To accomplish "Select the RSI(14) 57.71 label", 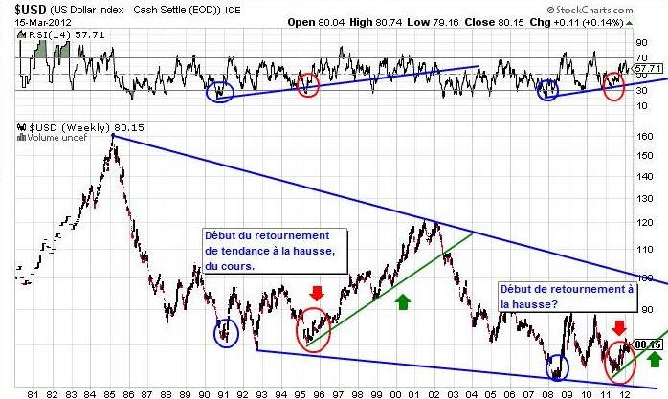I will pos(42,35).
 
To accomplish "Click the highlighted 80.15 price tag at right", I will pos(648,344).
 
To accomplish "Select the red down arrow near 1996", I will pos(318,292).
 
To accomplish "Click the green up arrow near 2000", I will pos(402,300).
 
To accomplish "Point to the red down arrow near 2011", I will pos(618,328).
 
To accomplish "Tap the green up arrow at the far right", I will pos(654,359).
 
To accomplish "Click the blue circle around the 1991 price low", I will pos(227,332).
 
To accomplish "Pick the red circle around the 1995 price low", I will pos(313,330).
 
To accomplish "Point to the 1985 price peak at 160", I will pos(113,137).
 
